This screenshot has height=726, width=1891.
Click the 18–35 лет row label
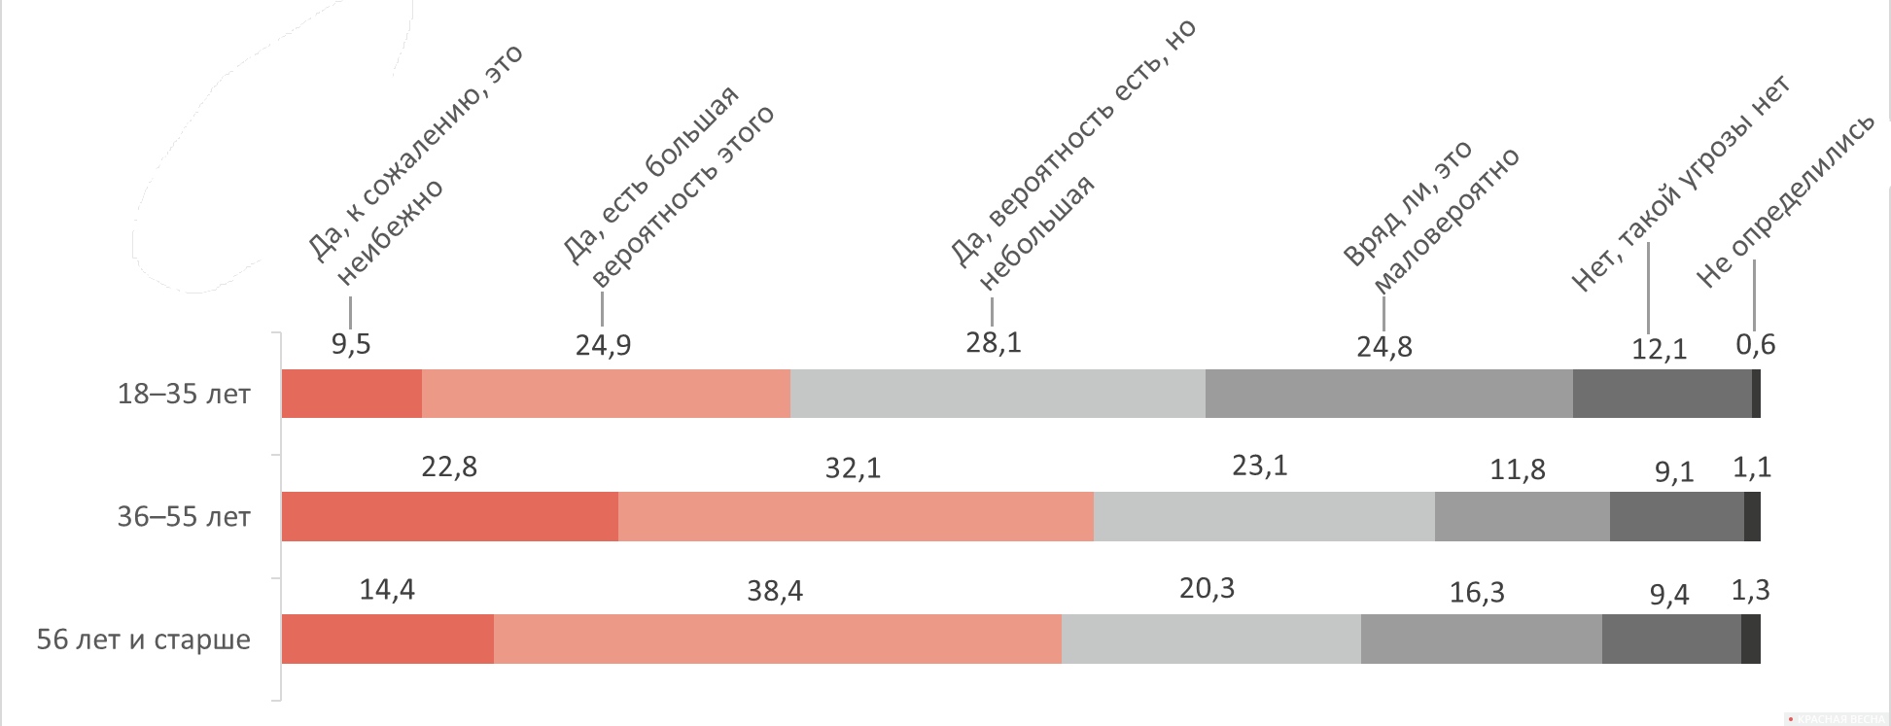(184, 395)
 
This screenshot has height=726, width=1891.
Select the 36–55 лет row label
(184, 517)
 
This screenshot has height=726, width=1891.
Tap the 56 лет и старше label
(144, 640)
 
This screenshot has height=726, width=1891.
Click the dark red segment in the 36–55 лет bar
(450, 516)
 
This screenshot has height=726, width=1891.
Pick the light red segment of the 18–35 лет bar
(607, 394)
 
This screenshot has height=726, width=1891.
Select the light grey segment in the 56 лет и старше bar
(1211, 639)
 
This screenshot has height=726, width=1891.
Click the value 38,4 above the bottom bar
(775, 591)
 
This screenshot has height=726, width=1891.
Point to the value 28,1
(993, 342)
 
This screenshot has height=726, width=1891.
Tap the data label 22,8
(449, 467)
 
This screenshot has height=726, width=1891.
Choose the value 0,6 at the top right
(1756, 344)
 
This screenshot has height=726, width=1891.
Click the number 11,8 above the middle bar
(1518, 470)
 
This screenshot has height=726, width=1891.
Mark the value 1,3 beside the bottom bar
(1751, 590)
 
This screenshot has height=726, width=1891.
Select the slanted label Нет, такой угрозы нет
(1681, 183)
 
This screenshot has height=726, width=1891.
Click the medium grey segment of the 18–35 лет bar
(1389, 394)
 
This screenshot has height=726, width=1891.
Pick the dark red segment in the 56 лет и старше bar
(388, 639)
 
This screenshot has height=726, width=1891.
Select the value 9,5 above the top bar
(351, 344)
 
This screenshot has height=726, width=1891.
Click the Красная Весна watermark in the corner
(1838, 718)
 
